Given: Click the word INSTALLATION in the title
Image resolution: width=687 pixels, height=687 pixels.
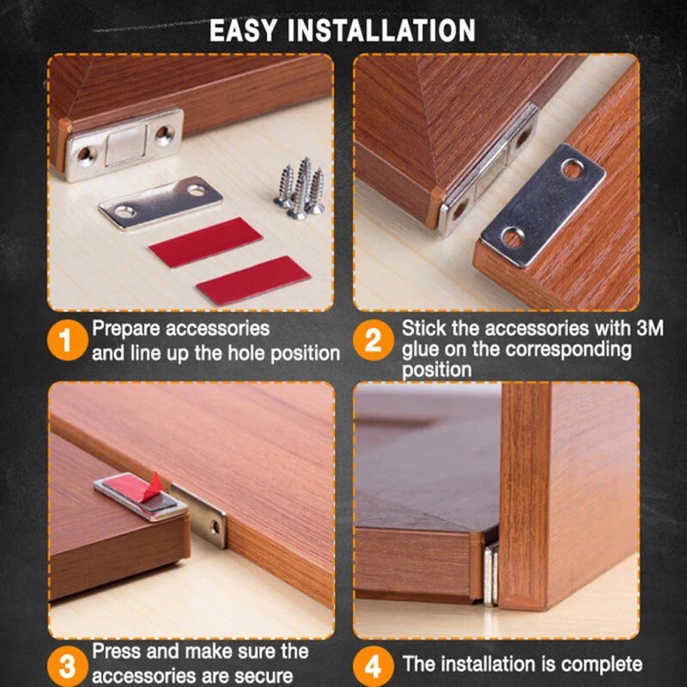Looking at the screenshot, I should (381, 30).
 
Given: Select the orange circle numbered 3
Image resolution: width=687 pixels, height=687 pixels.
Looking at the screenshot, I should (67, 666).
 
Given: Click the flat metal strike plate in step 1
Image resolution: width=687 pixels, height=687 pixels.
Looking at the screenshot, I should (160, 203).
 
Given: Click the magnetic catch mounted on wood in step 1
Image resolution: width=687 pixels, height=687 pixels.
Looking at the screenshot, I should (125, 143).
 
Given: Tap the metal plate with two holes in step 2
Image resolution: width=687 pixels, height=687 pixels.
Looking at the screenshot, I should (542, 205).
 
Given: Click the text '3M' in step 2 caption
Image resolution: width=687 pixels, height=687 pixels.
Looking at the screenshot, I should (648, 329).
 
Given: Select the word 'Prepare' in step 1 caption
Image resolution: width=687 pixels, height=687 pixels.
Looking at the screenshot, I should (130, 329).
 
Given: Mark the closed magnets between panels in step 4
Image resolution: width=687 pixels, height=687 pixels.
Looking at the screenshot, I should (489, 573).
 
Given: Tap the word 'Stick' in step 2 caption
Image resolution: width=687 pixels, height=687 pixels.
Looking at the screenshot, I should (423, 329).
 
